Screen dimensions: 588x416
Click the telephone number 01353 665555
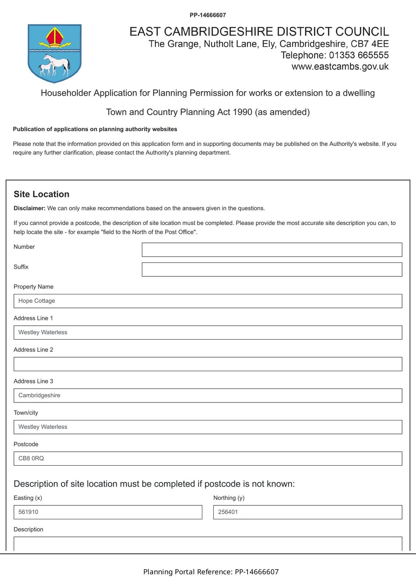click(x=359, y=55)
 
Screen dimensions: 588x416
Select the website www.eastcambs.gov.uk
click(x=340, y=67)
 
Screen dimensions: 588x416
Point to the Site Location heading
click(x=42, y=194)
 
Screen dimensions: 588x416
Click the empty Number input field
click(x=272, y=250)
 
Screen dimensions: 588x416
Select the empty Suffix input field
click(x=272, y=270)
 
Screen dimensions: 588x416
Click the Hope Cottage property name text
click(x=37, y=301)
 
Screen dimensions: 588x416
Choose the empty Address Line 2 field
click(x=208, y=364)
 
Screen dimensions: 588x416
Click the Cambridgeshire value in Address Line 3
click(x=39, y=395)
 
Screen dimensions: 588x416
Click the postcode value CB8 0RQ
click(x=31, y=459)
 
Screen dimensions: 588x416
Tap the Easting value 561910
click(x=28, y=512)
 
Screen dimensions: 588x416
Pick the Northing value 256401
click(x=228, y=512)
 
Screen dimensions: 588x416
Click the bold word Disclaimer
click(x=29, y=208)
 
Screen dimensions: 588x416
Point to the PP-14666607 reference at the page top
click(x=208, y=15)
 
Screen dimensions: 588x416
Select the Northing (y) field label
click(x=229, y=498)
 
